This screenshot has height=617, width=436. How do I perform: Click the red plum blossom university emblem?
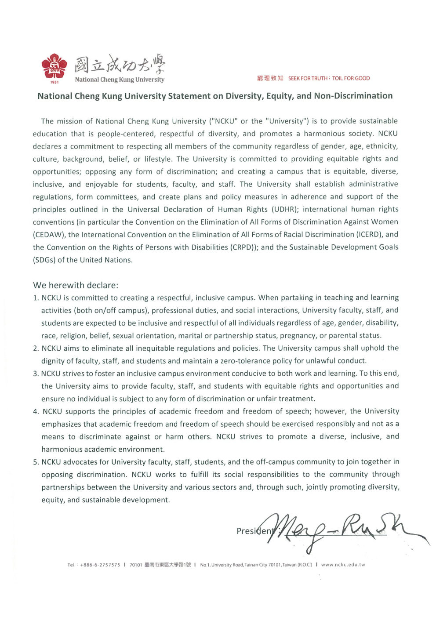pyautogui.click(x=54, y=66)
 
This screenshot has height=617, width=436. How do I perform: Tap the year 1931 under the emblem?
pyautogui.click(x=54, y=82)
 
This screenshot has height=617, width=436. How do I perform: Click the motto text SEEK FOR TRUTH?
pyautogui.click(x=308, y=78)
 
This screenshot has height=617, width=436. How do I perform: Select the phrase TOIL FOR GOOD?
pyautogui.click(x=351, y=78)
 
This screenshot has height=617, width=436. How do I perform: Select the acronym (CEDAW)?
pyautogui.click(x=49, y=235)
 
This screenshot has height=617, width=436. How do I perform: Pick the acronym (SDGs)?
pyautogui.click(x=44, y=260)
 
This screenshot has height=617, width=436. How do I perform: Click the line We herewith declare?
pyautogui.click(x=76, y=285)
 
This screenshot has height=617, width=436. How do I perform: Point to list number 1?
pyautogui.click(x=36, y=298)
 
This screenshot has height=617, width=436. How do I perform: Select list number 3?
pyautogui.click(x=36, y=374)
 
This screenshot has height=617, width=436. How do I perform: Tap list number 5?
pyautogui.click(x=36, y=462)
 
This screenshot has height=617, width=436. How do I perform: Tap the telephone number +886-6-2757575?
pyautogui.click(x=100, y=565)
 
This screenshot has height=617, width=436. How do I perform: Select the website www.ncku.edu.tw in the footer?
pyautogui.click(x=343, y=565)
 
